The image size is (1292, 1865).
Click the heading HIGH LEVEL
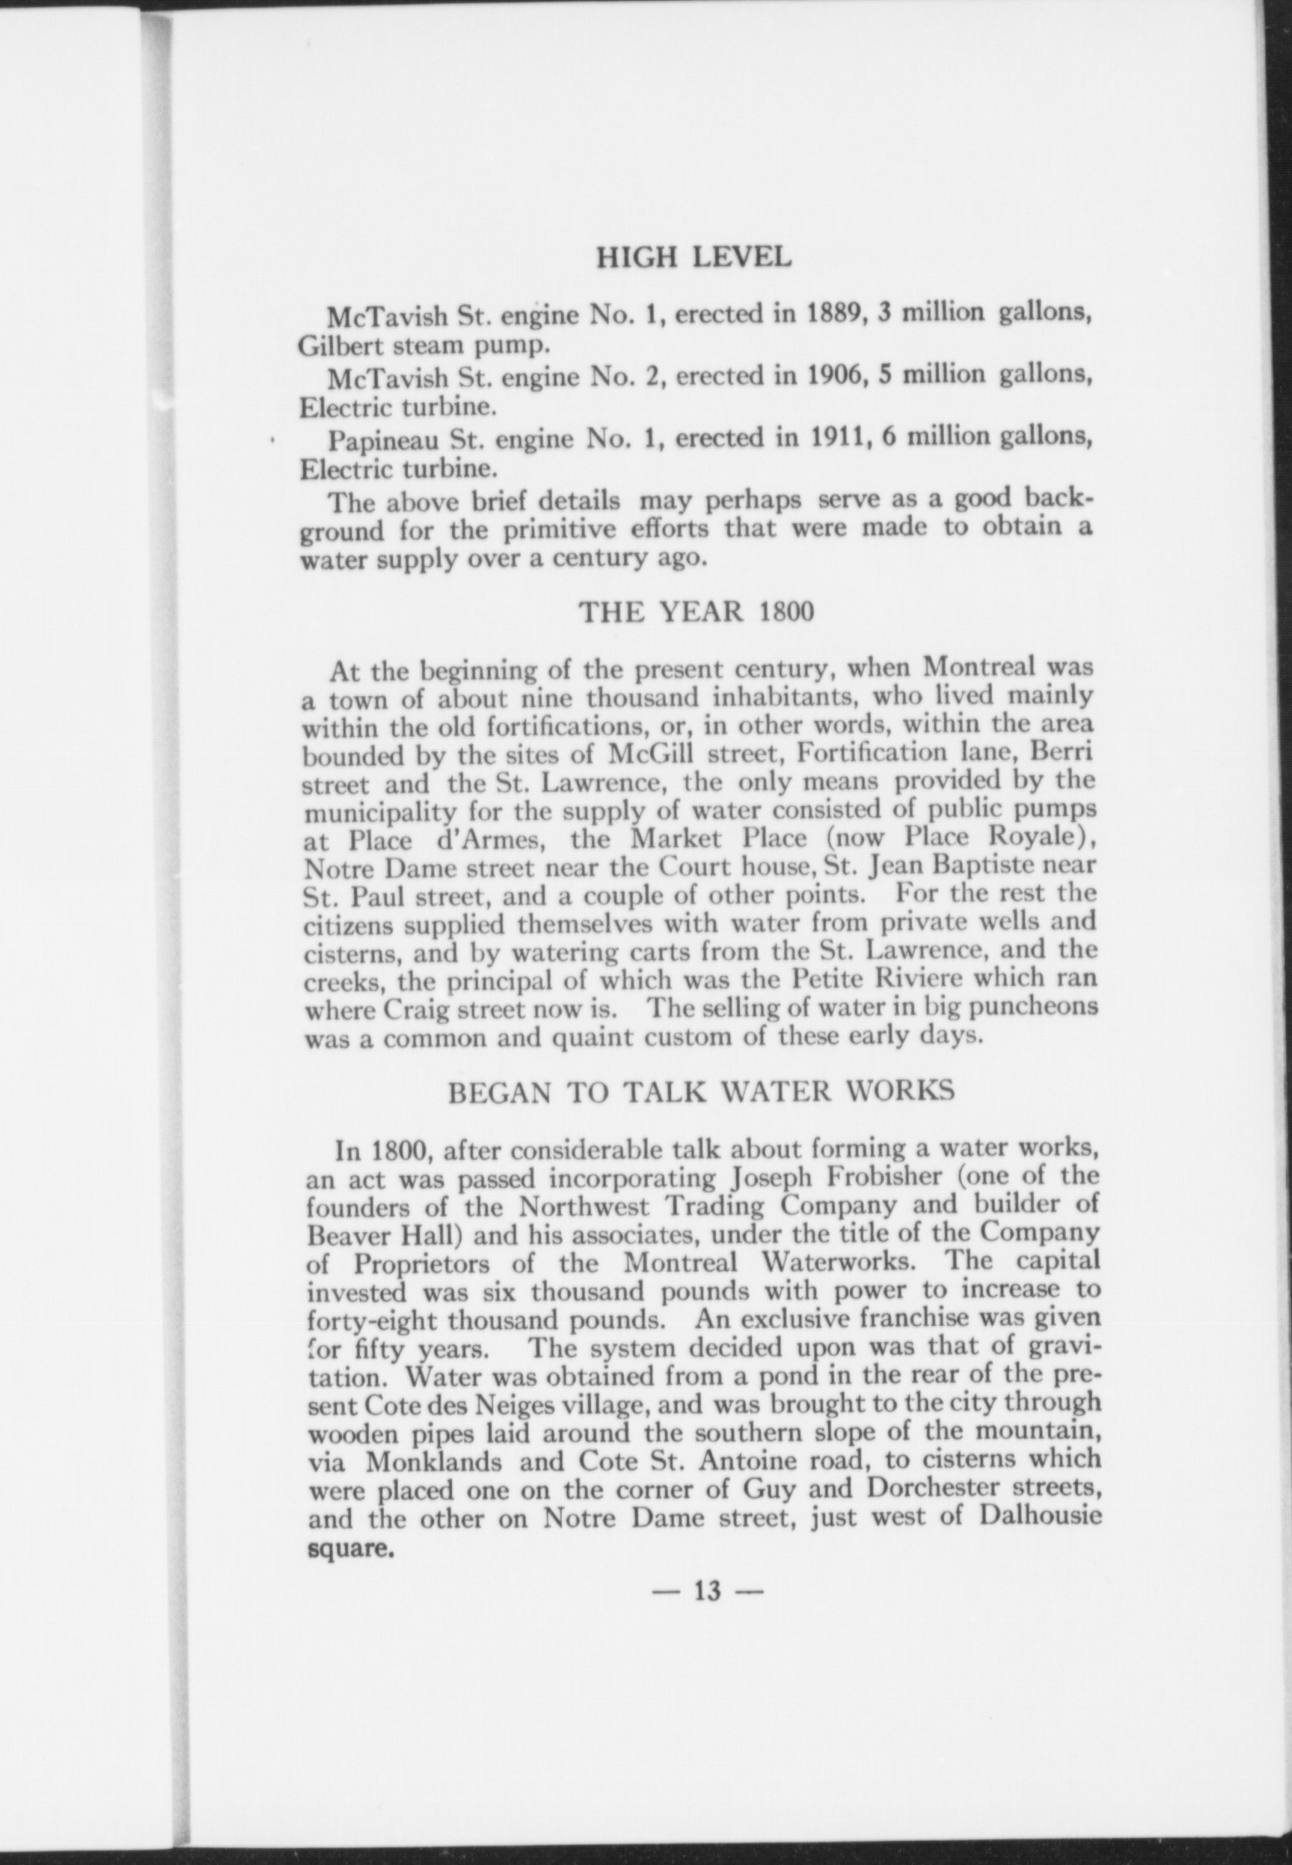coord(694,257)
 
